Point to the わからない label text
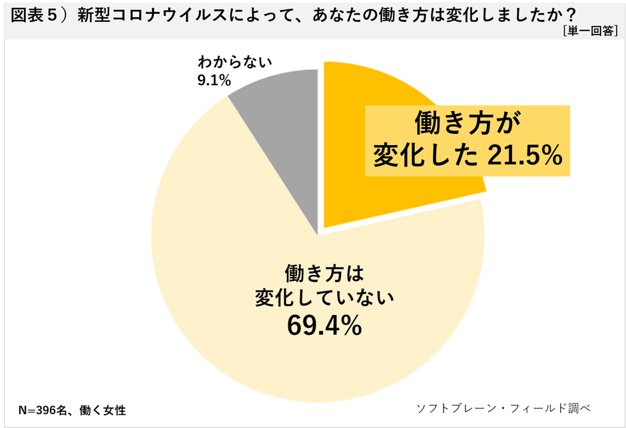coord(235,64)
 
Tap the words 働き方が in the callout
coord(466,124)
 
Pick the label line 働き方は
coord(325,274)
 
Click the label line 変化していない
coord(325,299)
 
